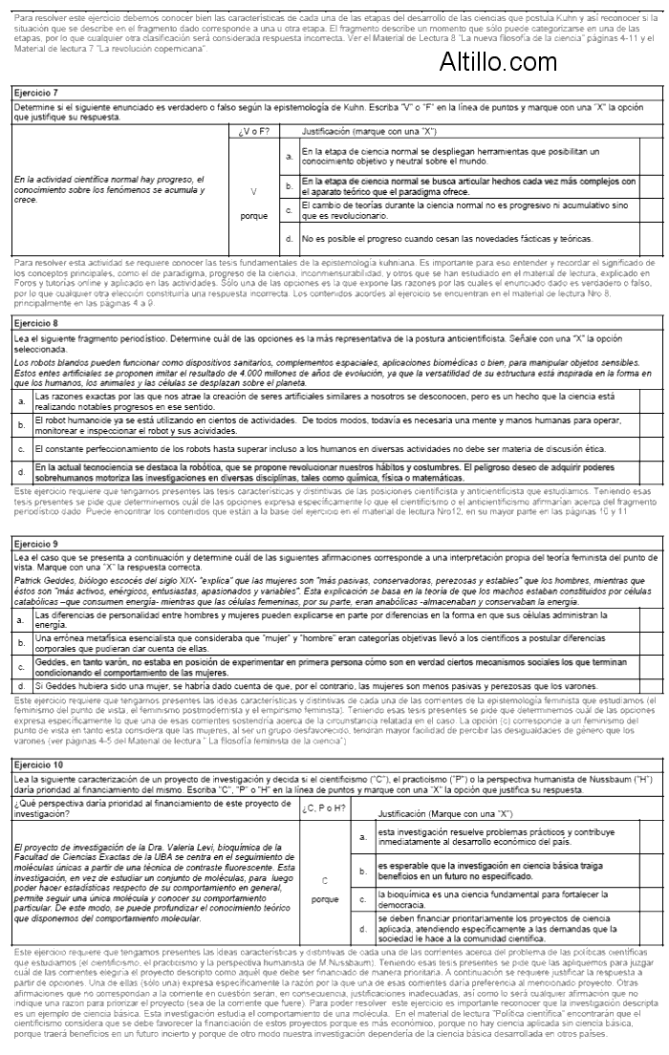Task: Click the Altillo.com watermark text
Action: click(498, 63)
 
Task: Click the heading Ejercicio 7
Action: click(36, 94)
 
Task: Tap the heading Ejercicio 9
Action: click(36, 543)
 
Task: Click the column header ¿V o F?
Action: click(253, 130)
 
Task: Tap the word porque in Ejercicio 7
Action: click(253, 215)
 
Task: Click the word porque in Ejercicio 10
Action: click(325, 899)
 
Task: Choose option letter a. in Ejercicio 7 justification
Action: click(289, 155)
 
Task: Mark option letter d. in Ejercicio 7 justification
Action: click(289, 237)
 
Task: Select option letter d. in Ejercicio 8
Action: click(21, 471)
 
